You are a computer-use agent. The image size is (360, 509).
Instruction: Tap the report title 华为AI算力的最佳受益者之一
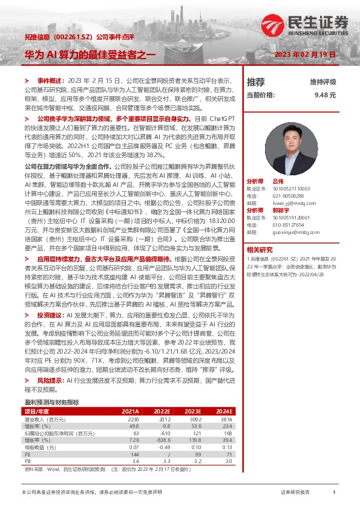pyautogui.click(x=90, y=54)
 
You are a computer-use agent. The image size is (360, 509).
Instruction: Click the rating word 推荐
pyautogui.click(x=255, y=82)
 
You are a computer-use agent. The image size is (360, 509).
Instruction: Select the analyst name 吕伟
pyautogui.click(x=278, y=181)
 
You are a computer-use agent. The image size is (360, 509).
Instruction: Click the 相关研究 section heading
pyautogui.click(x=260, y=249)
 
